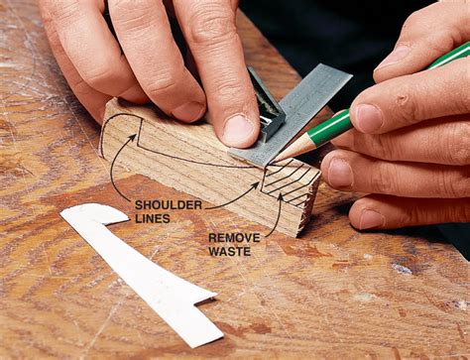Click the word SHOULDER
[x=169, y=205]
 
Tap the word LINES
[x=153, y=218]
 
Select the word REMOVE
[x=234, y=238]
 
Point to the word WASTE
[x=230, y=252]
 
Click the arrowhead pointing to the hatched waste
[x=281, y=197]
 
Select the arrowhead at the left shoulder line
[x=134, y=136]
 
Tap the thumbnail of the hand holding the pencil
[x=368, y=118]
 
